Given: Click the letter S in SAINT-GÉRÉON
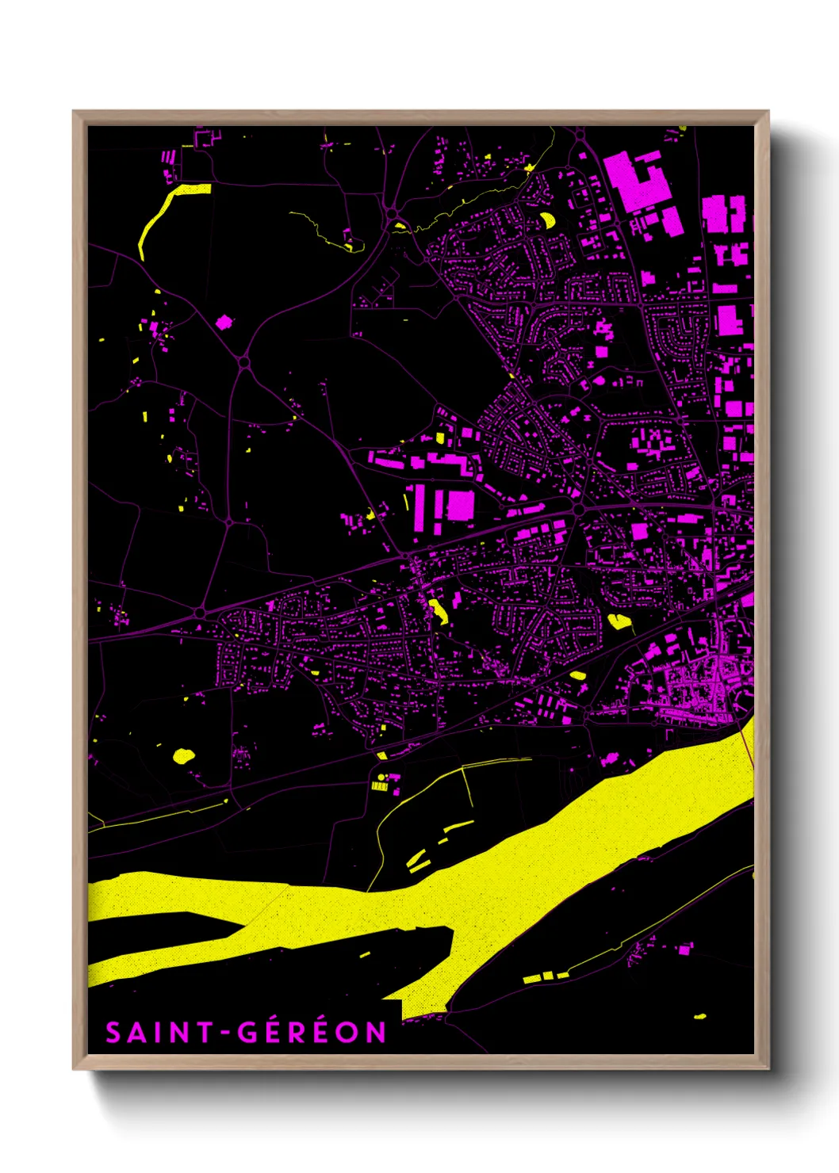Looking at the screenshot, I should tap(114, 1033).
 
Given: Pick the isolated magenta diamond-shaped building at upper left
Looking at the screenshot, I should tap(224, 322).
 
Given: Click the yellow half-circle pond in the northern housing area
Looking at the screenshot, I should tap(546, 219).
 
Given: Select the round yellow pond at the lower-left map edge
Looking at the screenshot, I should tap(183, 755).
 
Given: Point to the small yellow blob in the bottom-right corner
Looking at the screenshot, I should tap(699, 1016).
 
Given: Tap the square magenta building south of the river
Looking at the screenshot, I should tap(684, 949).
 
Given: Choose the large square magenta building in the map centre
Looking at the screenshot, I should tap(460, 505).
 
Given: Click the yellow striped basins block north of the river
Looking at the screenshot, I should tap(380, 786).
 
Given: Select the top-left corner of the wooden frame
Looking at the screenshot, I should tap(74, 112).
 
